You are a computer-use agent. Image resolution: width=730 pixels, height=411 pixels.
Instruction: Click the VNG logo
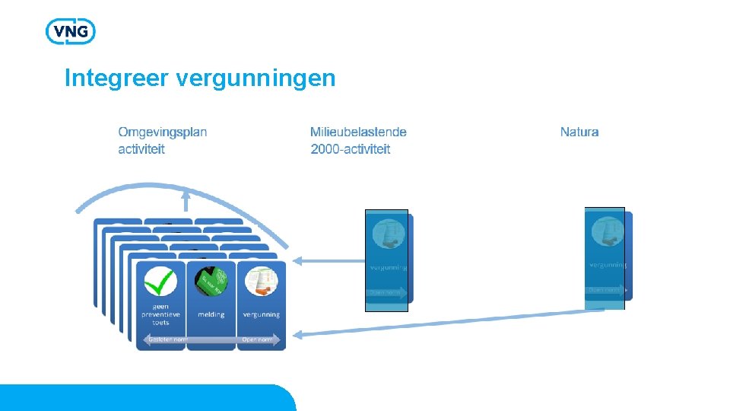click(71, 31)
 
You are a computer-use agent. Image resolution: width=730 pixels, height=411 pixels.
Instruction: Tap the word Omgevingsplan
click(163, 132)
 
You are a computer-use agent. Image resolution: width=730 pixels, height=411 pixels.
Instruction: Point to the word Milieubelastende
click(358, 132)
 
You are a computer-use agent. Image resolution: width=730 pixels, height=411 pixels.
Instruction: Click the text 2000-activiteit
click(351, 149)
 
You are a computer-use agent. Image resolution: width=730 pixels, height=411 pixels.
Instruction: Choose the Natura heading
click(579, 132)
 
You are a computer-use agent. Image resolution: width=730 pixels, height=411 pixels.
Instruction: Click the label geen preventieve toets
click(160, 314)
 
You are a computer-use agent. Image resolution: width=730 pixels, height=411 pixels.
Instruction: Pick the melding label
click(211, 314)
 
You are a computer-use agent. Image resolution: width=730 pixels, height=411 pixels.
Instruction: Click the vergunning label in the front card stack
click(261, 314)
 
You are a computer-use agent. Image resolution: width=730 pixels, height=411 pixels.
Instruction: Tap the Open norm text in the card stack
click(257, 339)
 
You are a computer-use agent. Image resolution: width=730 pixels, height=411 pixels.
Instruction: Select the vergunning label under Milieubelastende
click(388, 268)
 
